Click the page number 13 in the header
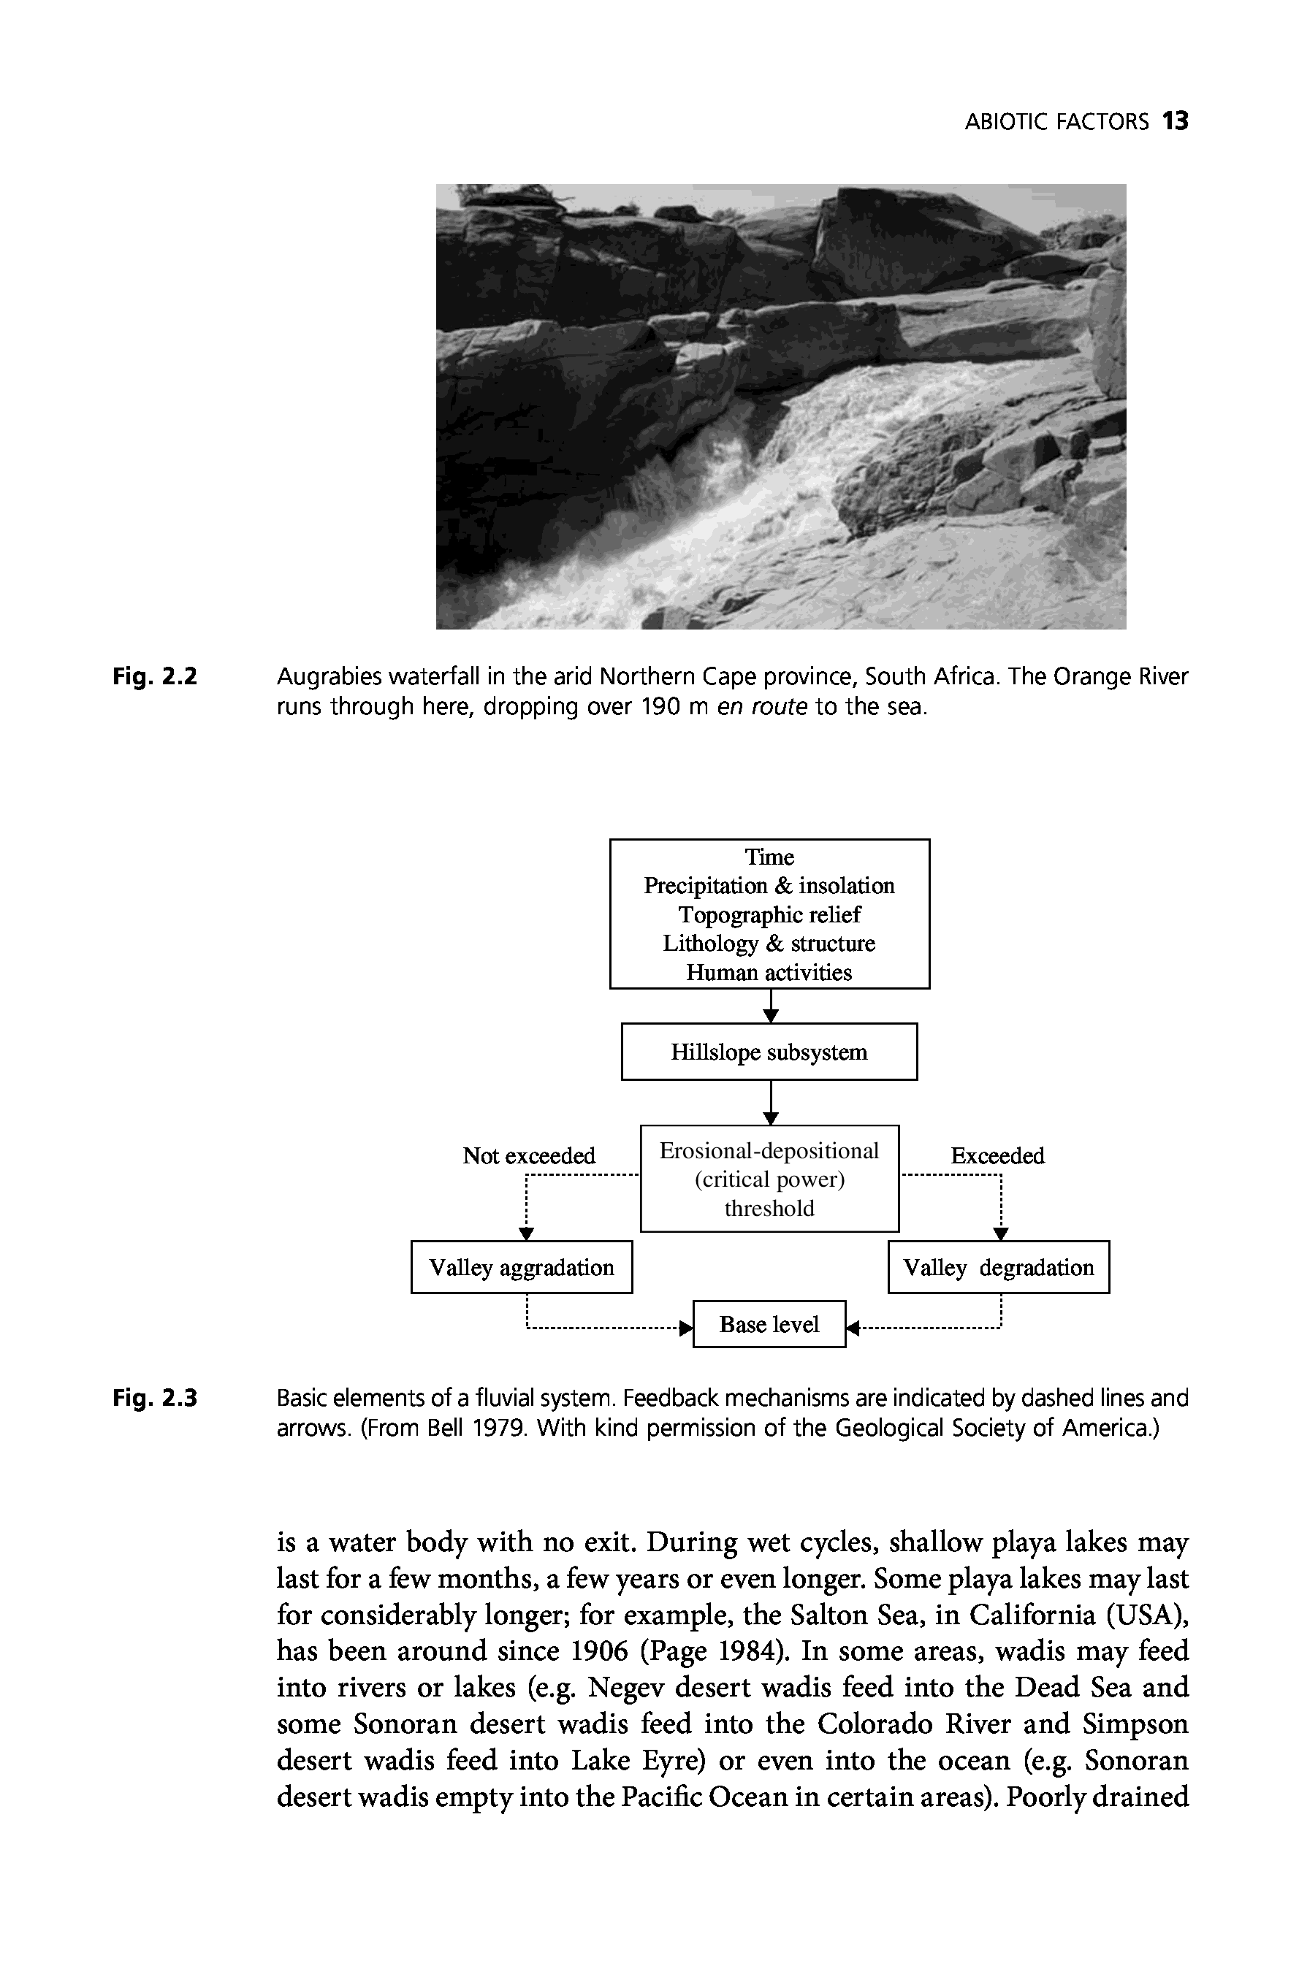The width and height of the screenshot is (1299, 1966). click(x=1175, y=122)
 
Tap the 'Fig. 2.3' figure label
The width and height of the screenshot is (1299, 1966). click(x=155, y=1398)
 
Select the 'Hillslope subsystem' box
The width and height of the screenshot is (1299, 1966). click(x=769, y=1052)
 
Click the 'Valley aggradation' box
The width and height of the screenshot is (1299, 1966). click(x=521, y=1267)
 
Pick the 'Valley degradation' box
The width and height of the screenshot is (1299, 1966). click(x=998, y=1267)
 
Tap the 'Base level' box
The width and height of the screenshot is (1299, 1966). click(x=769, y=1324)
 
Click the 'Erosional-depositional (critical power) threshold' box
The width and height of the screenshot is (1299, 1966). click(x=769, y=1179)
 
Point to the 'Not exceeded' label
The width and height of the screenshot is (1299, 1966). click(x=528, y=1155)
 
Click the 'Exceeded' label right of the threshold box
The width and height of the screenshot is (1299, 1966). click(x=997, y=1155)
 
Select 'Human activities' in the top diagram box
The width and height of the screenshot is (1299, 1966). click(x=769, y=972)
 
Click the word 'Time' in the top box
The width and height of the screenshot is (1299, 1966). click(x=769, y=857)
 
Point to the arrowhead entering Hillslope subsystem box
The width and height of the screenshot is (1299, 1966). click(x=771, y=1016)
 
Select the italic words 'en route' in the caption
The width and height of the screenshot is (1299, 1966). click(x=761, y=707)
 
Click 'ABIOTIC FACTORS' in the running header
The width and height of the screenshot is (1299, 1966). click(x=1056, y=123)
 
